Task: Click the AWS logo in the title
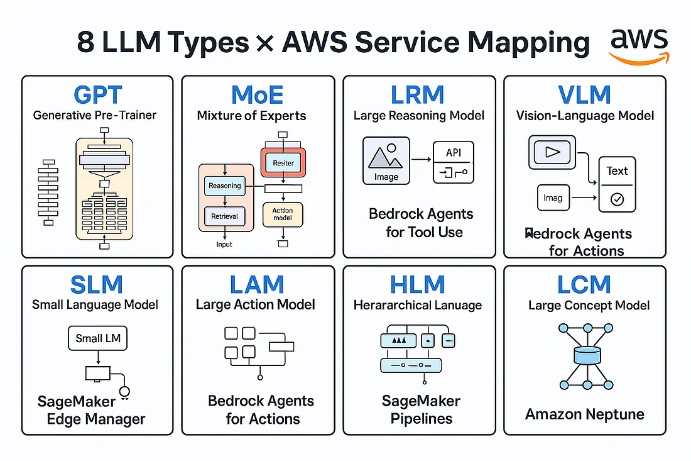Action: point(639,45)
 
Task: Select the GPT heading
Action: point(97,94)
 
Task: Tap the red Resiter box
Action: point(283,163)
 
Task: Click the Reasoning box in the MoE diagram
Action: point(224,186)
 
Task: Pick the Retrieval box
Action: point(224,216)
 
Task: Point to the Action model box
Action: point(283,214)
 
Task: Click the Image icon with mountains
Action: point(386,160)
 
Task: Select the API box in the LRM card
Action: point(453,162)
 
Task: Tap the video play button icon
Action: point(550,153)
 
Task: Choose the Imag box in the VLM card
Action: point(552,197)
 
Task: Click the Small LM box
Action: point(97,338)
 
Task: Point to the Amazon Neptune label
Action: point(584,414)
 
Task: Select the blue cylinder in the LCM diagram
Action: point(584,356)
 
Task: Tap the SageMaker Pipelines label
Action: point(421,409)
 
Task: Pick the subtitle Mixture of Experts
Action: point(251,116)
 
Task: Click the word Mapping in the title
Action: point(527,43)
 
